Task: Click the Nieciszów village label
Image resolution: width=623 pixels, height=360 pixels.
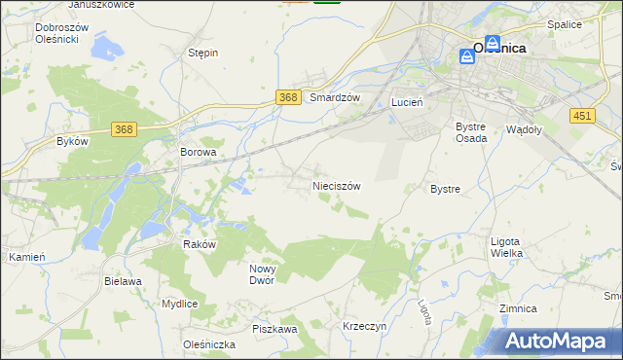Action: (x=337, y=185)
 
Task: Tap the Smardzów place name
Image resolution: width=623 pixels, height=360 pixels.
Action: (x=335, y=98)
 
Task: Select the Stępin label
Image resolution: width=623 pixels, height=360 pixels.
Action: (x=202, y=53)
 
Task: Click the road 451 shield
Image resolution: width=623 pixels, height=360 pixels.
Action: (x=582, y=116)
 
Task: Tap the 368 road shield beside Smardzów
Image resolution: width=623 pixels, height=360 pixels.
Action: (x=287, y=97)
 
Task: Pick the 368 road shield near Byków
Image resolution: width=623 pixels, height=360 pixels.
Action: (x=123, y=129)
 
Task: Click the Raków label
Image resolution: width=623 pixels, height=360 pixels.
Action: (x=199, y=245)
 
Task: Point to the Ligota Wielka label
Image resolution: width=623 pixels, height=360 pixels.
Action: (x=506, y=247)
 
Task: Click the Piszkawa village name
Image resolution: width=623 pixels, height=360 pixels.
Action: (x=275, y=330)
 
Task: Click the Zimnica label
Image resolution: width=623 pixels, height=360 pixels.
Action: (x=517, y=308)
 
